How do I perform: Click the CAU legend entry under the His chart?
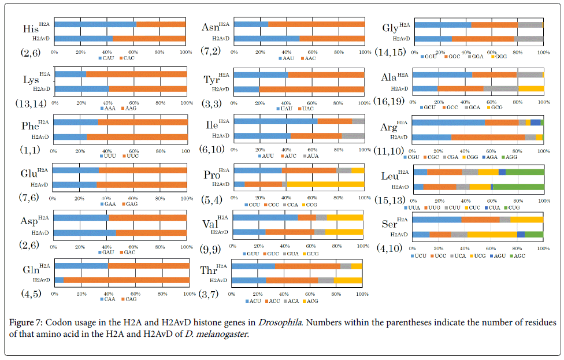tap(107, 58)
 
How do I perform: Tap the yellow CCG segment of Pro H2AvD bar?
tap(326, 184)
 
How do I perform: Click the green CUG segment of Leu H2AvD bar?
tap(518, 187)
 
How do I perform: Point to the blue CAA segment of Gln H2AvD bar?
tap(59, 280)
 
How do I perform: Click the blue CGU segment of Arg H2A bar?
tap(449, 122)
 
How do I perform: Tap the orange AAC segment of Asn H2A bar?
tap(316, 24)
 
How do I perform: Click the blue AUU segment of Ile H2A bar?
tap(275, 121)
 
